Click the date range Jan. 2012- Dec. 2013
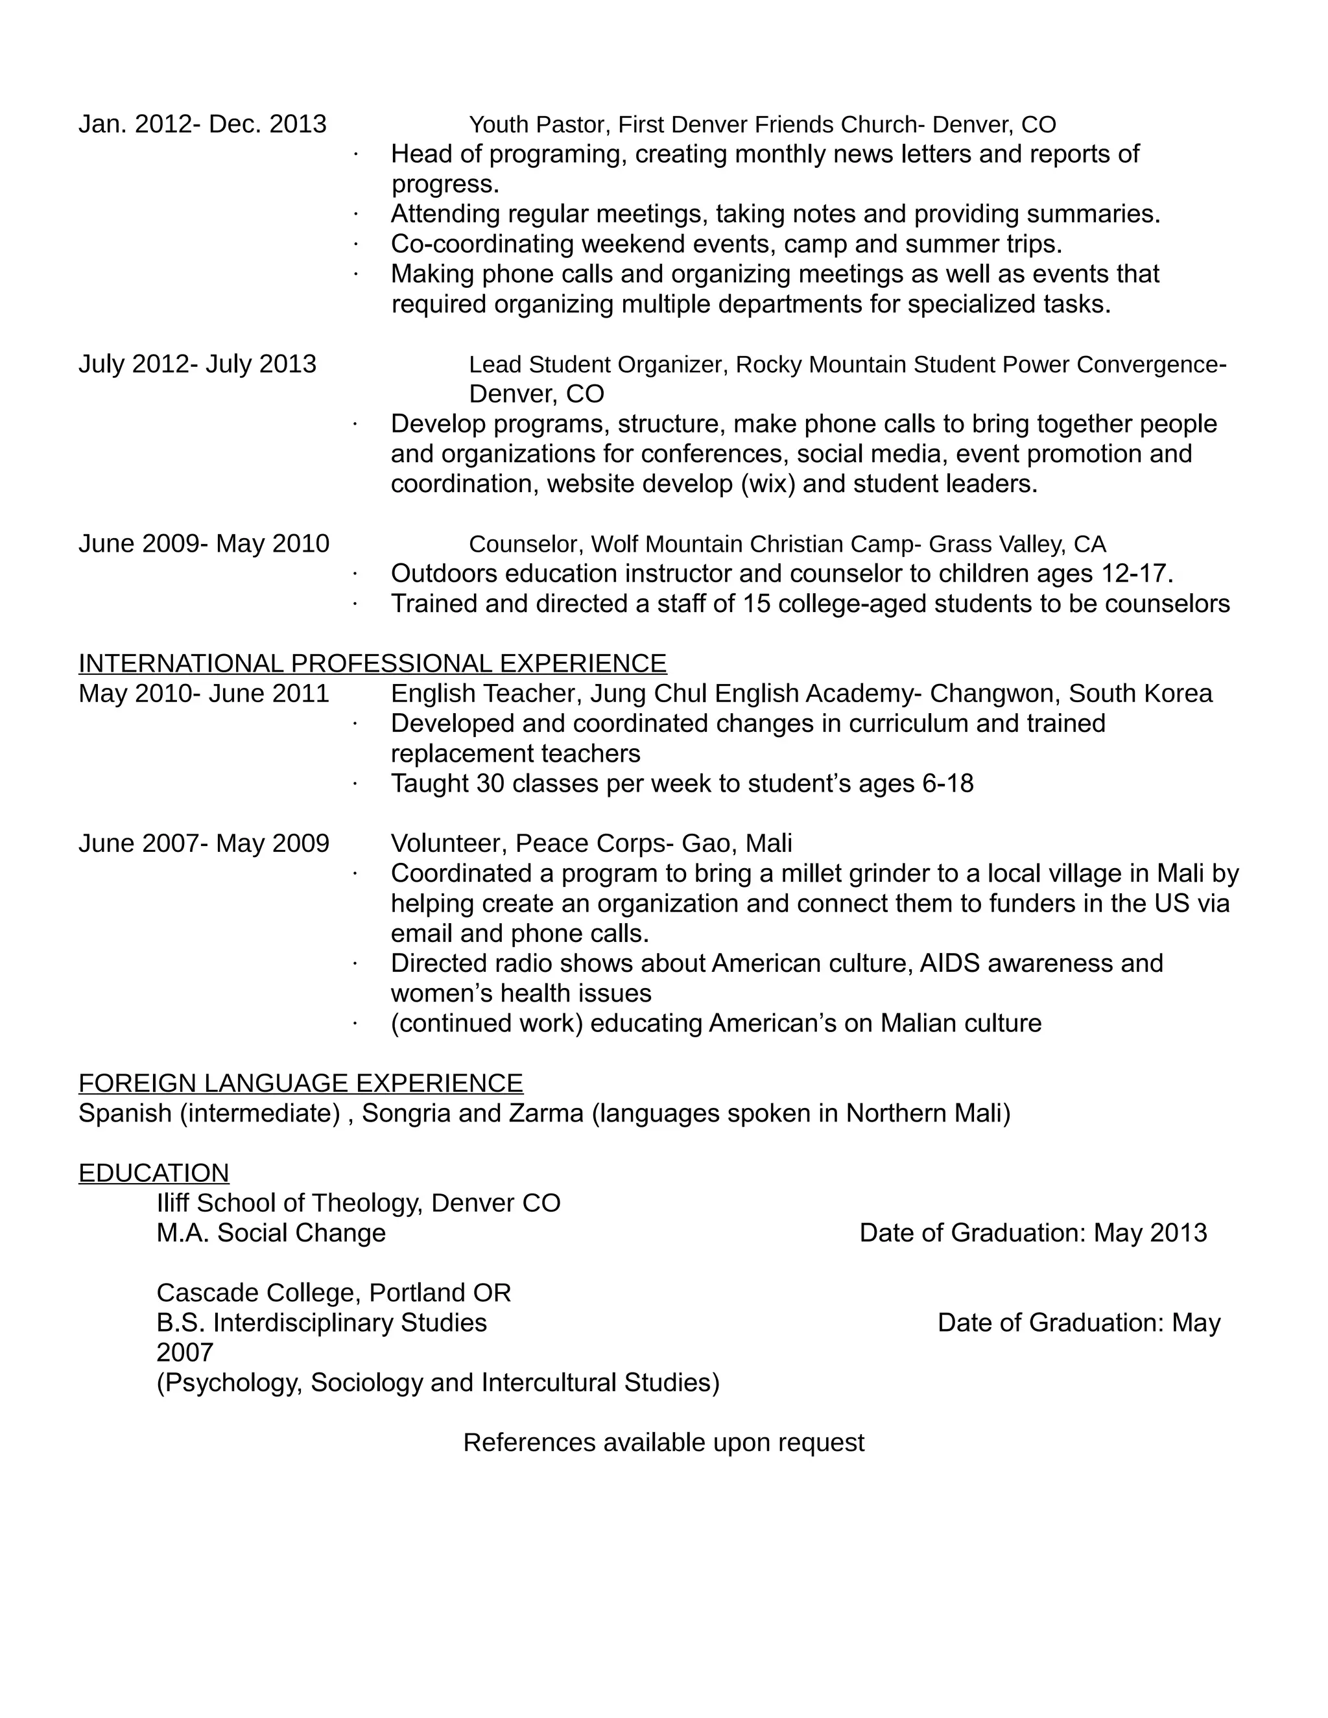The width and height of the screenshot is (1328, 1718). (x=202, y=124)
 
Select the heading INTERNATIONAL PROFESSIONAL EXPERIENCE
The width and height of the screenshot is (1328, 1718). (x=372, y=663)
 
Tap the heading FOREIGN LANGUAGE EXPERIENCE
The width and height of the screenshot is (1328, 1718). (x=300, y=1083)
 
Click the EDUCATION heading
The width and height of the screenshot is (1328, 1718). (x=154, y=1173)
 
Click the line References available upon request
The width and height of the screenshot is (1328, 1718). (x=663, y=1442)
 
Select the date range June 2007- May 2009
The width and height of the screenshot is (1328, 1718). (x=204, y=843)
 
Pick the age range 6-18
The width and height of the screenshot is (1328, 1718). (x=947, y=784)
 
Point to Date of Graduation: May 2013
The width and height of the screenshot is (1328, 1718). (x=1032, y=1232)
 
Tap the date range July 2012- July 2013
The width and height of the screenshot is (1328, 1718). (x=198, y=364)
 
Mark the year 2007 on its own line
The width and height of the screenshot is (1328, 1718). (x=185, y=1352)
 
